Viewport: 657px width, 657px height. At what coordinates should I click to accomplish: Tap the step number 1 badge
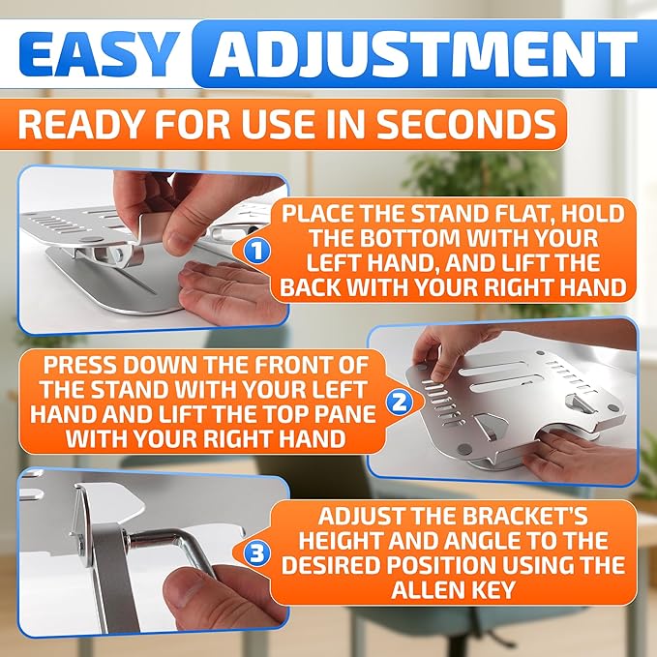point(255,252)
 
